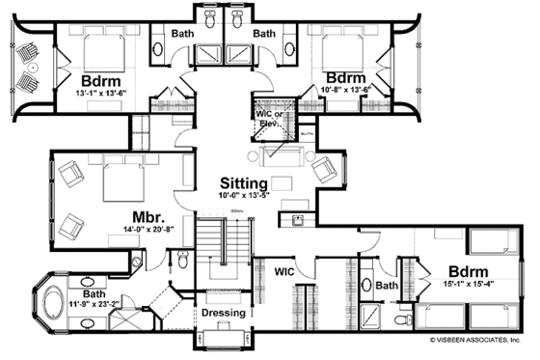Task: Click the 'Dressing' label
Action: [223, 313]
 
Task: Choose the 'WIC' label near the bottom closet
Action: [284, 272]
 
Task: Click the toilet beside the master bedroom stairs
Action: [183, 258]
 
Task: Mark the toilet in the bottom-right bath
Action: [367, 286]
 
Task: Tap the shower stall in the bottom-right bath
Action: [373, 315]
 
